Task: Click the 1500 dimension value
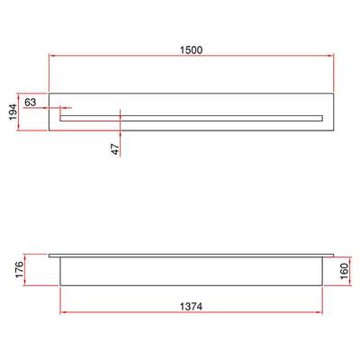(191, 49)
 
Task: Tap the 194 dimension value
(13, 112)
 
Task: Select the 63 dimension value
(30, 102)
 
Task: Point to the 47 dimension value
(115, 149)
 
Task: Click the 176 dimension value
(19, 269)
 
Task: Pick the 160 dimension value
(344, 271)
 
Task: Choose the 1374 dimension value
(191, 307)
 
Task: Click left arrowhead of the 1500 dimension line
(51, 56)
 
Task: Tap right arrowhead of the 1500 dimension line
(331, 56)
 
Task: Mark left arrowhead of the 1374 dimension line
(63, 312)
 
